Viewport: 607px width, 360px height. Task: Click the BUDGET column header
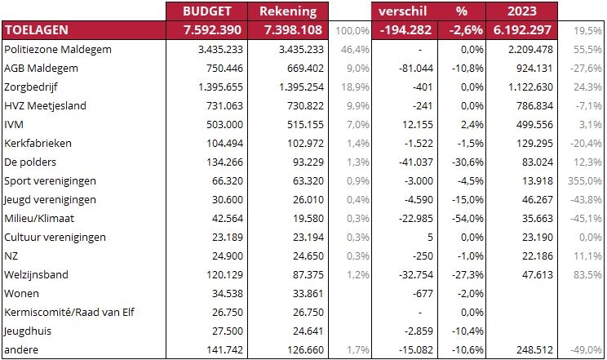click(206, 11)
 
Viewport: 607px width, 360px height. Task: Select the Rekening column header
click(288, 11)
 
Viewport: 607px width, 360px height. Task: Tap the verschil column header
click(402, 11)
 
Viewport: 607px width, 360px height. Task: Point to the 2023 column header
click(522, 11)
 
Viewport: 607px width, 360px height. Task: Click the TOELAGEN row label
click(37, 30)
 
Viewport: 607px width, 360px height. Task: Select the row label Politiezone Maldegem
click(58, 50)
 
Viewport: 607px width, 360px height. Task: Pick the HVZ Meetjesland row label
click(46, 106)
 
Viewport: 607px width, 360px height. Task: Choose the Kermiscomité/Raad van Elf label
click(69, 312)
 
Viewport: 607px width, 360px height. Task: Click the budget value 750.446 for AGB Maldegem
click(224, 69)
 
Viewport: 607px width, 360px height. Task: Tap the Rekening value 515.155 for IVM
click(305, 124)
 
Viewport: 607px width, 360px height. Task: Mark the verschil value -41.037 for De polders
click(416, 162)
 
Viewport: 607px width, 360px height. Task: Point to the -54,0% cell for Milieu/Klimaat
click(467, 218)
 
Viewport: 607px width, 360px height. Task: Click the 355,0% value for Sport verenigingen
click(584, 181)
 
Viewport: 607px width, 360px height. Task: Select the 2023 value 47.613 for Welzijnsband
click(538, 275)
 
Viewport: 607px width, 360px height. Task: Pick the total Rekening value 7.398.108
click(293, 30)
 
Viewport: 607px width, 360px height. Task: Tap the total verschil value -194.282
click(405, 30)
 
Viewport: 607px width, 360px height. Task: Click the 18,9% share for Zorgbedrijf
click(356, 87)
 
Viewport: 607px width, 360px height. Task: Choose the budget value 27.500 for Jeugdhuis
click(228, 331)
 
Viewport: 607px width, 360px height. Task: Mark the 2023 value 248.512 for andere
click(534, 349)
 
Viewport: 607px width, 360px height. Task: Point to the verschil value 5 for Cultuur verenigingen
click(430, 238)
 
